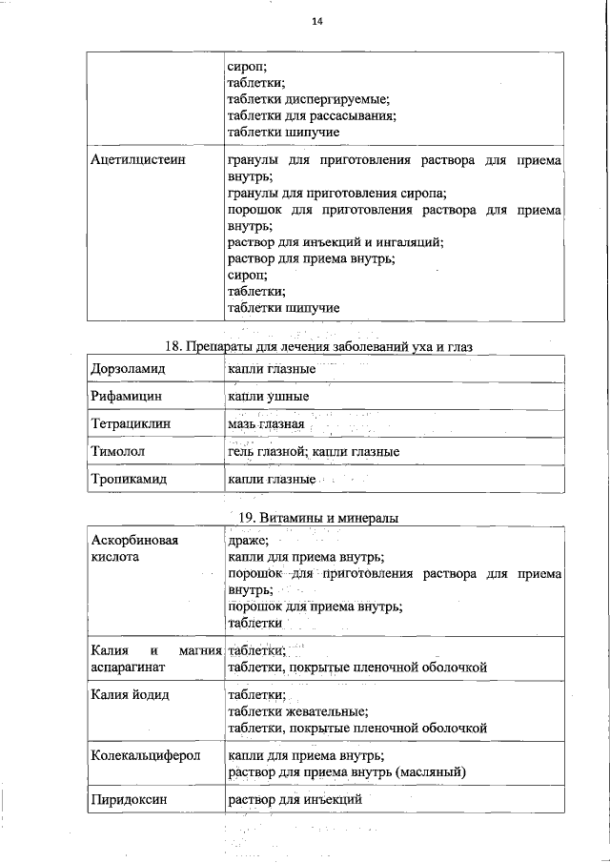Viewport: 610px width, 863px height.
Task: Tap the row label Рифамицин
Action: tap(127, 396)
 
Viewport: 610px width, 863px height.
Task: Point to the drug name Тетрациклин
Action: tap(131, 423)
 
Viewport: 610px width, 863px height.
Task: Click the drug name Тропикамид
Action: tap(129, 479)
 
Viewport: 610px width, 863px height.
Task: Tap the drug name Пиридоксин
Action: tap(130, 799)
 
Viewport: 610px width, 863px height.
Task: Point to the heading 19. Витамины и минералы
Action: tap(315, 518)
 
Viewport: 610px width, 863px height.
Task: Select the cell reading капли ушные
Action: tap(269, 396)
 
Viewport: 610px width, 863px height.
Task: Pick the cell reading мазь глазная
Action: tap(266, 423)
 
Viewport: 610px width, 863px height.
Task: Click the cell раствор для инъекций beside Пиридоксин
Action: tap(295, 799)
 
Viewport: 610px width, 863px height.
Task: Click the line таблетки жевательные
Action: tap(297, 711)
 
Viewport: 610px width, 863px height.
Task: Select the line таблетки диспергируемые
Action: tap(309, 99)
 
